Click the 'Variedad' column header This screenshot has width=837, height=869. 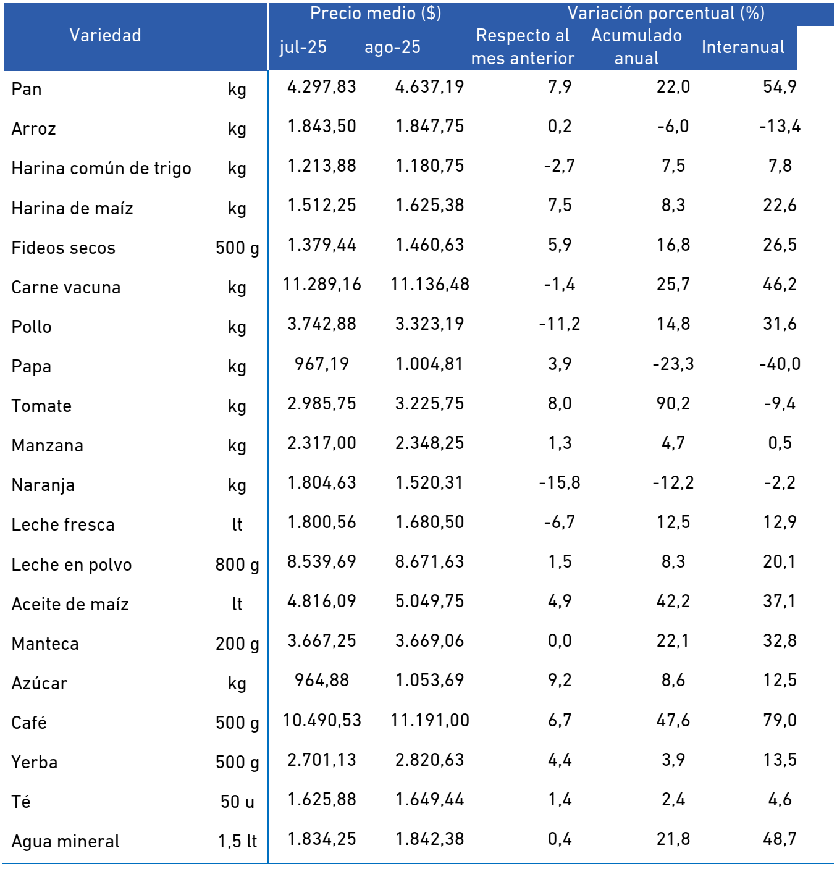click(105, 35)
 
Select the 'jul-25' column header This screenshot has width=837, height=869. click(303, 48)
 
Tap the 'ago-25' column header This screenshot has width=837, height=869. click(392, 48)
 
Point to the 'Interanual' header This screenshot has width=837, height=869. click(742, 47)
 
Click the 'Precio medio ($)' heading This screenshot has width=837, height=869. click(376, 13)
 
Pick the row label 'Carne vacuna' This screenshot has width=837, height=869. click(65, 288)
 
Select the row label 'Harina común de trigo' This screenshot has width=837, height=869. click(101, 169)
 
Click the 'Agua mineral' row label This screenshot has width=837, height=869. click(65, 841)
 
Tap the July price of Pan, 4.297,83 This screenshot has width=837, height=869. click(322, 86)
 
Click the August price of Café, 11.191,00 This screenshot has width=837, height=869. click(430, 720)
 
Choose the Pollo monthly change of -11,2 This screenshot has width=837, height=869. click(559, 324)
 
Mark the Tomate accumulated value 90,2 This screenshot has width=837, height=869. click(673, 403)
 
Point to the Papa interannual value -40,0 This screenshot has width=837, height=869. click(780, 364)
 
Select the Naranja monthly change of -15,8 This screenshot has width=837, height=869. click(559, 482)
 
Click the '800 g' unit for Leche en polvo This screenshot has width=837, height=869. click(237, 565)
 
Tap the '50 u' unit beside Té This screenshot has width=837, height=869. click(237, 802)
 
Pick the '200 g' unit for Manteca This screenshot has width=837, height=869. click(237, 644)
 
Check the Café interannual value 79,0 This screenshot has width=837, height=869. click(780, 720)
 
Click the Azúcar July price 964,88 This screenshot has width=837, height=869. click(322, 680)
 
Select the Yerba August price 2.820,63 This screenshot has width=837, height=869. click(430, 760)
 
